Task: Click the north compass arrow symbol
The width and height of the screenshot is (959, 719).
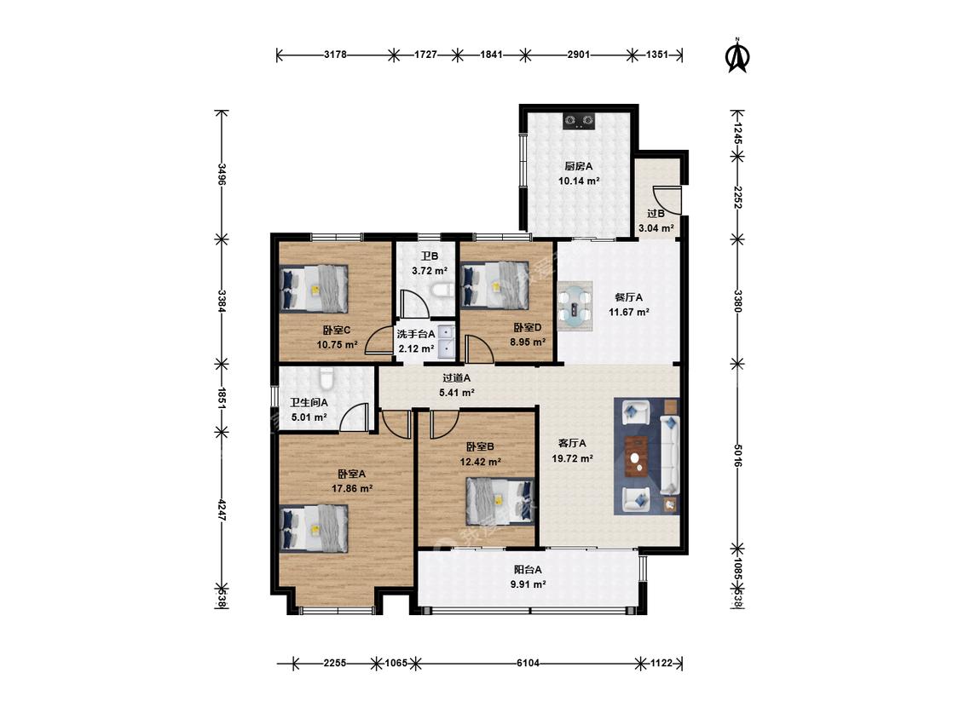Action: tap(737, 56)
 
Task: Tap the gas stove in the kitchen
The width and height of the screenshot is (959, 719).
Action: tap(579, 121)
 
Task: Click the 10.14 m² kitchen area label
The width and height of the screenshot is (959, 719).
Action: tap(579, 181)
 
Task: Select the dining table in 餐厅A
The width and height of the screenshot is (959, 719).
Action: tap(575, 307)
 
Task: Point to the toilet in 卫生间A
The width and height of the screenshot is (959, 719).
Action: tap(326, 378)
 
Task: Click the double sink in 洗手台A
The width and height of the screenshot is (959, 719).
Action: tap(447, 341)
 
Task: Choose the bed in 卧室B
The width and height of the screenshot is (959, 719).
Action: tap(500, 502)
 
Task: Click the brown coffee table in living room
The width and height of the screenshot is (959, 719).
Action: tap(637, 456)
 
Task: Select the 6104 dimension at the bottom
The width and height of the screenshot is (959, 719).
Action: tap(528, 663)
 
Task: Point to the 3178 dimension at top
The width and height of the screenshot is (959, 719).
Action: tap(335, 55)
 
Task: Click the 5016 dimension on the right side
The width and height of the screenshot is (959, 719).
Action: tap(737, 456)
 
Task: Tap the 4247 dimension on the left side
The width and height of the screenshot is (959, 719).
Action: tap(222, 511)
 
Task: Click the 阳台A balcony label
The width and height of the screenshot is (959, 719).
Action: tap(528, 570)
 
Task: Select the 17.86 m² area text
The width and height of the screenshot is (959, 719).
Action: tap(352, 488)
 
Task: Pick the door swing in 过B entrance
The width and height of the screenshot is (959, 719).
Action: tap(667, 200)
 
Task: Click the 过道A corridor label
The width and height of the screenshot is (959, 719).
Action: tap(457, 378)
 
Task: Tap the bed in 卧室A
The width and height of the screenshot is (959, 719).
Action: tap(314, 528)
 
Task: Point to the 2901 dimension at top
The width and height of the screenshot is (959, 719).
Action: tap(579, 55)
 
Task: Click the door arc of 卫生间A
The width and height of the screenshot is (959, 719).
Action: tap(355, 418)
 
